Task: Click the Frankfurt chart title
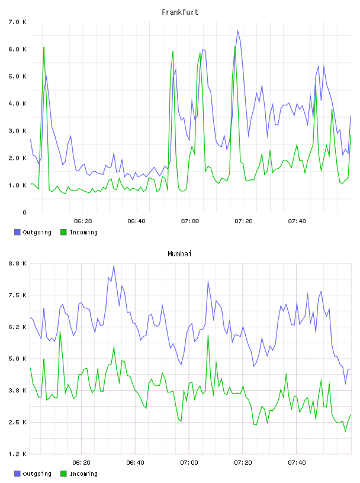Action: point(180,12)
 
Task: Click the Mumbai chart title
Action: point(179,253)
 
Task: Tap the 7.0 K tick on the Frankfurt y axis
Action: point(17,22)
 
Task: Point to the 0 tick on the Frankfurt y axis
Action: point(24,212)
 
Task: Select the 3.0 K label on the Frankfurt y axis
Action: point(17,131)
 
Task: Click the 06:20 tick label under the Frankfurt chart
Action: point(83,221)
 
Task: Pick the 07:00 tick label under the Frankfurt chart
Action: point(190,221)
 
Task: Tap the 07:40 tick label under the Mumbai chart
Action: point(297,462)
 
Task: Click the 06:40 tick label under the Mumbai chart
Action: point(135,462)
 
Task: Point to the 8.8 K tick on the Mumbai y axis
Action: point(17,263)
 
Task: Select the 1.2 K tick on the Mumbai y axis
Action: point(17,454)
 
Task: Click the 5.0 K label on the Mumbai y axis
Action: point(17,359)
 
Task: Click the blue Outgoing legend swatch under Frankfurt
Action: point(17,232)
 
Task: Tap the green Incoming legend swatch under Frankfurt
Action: point(63,232)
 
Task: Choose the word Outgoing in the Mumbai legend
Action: point(37,474)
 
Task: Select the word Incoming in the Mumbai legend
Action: point(83,474)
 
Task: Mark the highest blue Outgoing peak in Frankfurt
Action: point(237,30)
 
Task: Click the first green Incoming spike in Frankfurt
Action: point(44,47)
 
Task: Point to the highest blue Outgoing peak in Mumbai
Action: point(114,265)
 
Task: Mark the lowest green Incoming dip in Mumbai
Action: point(346,432)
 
